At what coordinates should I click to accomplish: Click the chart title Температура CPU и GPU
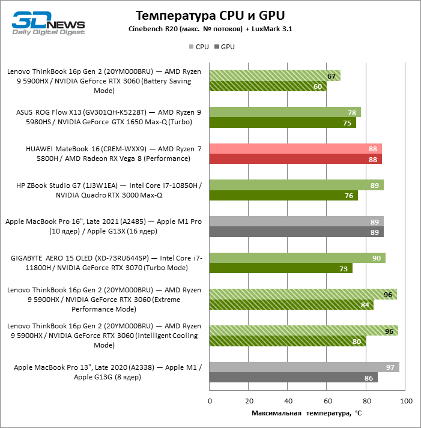coord(210,15)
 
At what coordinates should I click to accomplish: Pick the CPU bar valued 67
coord(274,76)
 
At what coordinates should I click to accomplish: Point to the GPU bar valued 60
coord(268,86)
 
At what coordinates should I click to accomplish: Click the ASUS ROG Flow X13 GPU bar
coord(282,123)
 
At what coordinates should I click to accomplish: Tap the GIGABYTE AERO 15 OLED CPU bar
coord(297,258)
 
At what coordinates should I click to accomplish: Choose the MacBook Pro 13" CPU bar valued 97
coord(304,367)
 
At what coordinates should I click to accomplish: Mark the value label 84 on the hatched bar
coord(365,305)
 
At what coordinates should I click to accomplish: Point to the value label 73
coord(344,269)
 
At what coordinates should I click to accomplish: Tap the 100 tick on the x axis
coord(406,400)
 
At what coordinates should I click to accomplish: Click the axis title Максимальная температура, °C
coord(307,413)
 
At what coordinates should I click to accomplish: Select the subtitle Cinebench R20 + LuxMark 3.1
coord(210,29)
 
